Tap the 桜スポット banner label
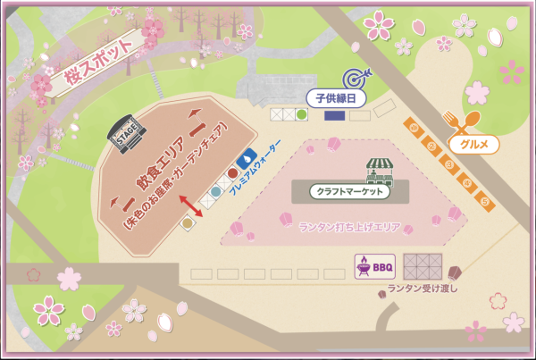pos(95,67)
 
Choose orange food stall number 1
pos(415,129)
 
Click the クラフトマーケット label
pos(351,191)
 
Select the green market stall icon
pos(381,167)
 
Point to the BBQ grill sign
pos(375,265)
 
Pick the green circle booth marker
pos(302,114)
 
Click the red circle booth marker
pos(232,172)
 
